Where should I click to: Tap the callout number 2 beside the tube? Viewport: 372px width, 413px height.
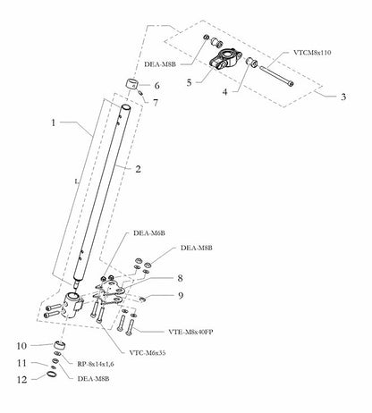click(x=138, y=167)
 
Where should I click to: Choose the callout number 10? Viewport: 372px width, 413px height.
click(x=21, y=344)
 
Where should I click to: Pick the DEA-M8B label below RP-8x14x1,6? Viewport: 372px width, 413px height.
click(x=93, y=378)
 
